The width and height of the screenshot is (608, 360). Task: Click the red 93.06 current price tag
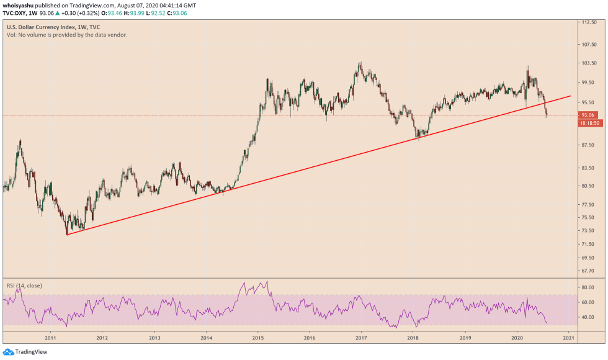587,115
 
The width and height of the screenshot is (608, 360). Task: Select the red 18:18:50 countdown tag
588,124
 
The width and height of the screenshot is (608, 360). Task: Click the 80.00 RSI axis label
586,287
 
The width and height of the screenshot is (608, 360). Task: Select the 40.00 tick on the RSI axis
586,317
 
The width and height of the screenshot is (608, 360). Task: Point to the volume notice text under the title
67,35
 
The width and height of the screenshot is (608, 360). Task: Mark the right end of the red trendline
570,96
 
